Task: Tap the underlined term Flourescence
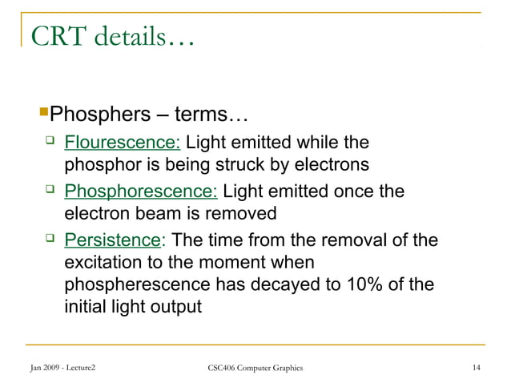pos(124,144)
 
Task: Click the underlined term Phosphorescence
pos(140,192)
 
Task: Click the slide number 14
pos(477,368)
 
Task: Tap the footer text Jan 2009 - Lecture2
pos(66,368)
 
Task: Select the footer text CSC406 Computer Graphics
pos(255,368)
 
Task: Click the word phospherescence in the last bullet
pos(134,284)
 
